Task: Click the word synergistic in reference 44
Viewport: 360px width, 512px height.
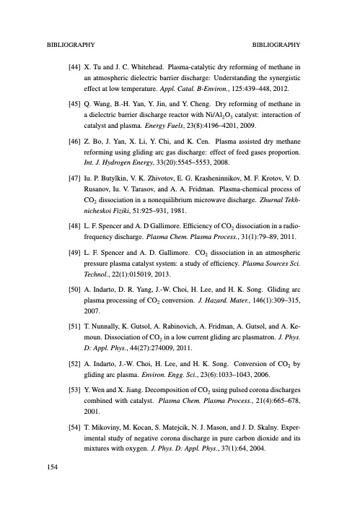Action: [284, 78]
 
